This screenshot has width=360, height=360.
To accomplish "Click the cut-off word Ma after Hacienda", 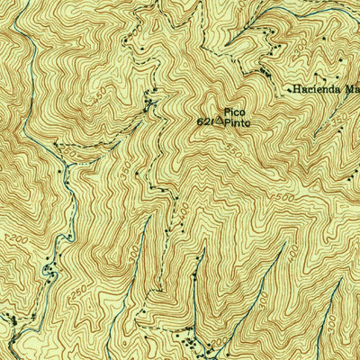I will point(350,90).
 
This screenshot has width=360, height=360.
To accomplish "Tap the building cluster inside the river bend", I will point(49,267).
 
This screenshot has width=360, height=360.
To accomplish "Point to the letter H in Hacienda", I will point(294,90).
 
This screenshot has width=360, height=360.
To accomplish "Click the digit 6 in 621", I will point(200,120).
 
